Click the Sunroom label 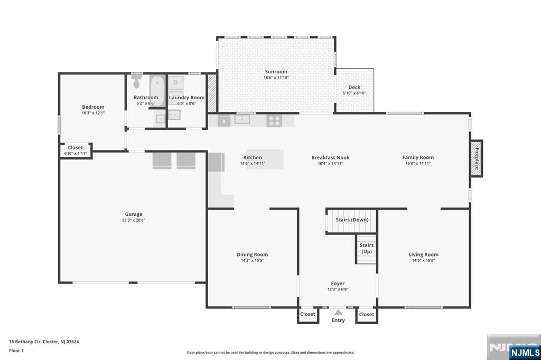click(276, 72)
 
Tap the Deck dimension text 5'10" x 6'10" click(354, 93)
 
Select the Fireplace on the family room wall click(477, 158)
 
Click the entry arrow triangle click(338, 312)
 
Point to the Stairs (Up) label click(367, 248)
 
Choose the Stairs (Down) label click(352, 220)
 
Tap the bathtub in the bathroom click(157, 91)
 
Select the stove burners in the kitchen click(274, 121)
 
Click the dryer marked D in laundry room click(175, 83)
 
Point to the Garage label click(134, 214)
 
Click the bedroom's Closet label click(75, 148)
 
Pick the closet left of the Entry click(307, 315)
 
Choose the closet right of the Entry click(367, 315)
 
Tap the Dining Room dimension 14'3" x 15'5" click(252, 261)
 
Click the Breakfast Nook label click(330, 158)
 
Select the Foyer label click(338, 283)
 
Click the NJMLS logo click(525, 352)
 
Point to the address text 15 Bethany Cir click(25, 342)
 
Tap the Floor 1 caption click(16, 350)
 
